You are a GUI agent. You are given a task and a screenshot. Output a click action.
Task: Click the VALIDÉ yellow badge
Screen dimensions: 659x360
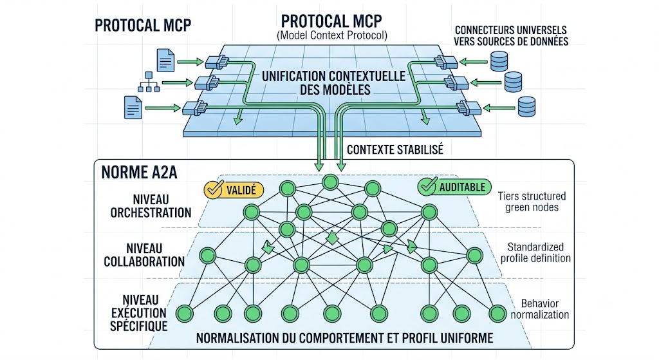click(234, 190)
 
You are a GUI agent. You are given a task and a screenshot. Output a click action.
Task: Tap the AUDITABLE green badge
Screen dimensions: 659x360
click(454, 187)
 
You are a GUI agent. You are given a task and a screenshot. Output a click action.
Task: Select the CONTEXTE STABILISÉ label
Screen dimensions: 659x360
click(395, 149)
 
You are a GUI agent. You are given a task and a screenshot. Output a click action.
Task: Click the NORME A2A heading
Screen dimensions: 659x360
click(139, 173)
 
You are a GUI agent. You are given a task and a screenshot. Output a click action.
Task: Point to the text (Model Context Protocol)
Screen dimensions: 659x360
click(332, 35)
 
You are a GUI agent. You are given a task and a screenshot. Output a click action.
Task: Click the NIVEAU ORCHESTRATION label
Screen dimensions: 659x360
click(151, 206)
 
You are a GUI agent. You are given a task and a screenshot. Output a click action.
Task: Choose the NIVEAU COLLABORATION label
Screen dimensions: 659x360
click(144, 255)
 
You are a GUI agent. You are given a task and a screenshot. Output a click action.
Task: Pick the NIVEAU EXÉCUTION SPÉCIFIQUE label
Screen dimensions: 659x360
click(139, 313)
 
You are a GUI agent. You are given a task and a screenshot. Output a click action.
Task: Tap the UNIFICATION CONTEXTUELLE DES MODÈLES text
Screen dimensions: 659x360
click(334, 83)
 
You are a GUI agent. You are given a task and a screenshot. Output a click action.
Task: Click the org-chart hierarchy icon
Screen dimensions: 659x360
click(149, 82)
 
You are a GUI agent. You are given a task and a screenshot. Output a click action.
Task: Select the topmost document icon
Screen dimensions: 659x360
click(165, 60)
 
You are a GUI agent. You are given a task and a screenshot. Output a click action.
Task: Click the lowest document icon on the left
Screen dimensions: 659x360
click(133, 108)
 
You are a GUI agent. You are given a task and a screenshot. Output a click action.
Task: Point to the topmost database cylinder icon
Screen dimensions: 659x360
click(499, 61)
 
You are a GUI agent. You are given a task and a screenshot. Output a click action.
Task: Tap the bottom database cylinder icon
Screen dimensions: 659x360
click(526, 106)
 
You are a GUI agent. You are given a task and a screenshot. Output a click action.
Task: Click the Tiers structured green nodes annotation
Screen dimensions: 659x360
click(532, 202)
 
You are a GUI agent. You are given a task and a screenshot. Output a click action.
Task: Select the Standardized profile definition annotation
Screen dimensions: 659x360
click(535, 252)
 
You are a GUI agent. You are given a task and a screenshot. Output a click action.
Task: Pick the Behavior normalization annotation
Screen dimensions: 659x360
click(540, 309)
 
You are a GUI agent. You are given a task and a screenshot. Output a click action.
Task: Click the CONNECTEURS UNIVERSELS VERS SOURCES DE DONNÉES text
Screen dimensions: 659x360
click(511, 36)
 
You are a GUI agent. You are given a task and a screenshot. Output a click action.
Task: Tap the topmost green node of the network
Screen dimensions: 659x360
click(330, 182)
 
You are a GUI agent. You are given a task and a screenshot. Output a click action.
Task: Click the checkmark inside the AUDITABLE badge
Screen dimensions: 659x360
click(428, 186)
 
